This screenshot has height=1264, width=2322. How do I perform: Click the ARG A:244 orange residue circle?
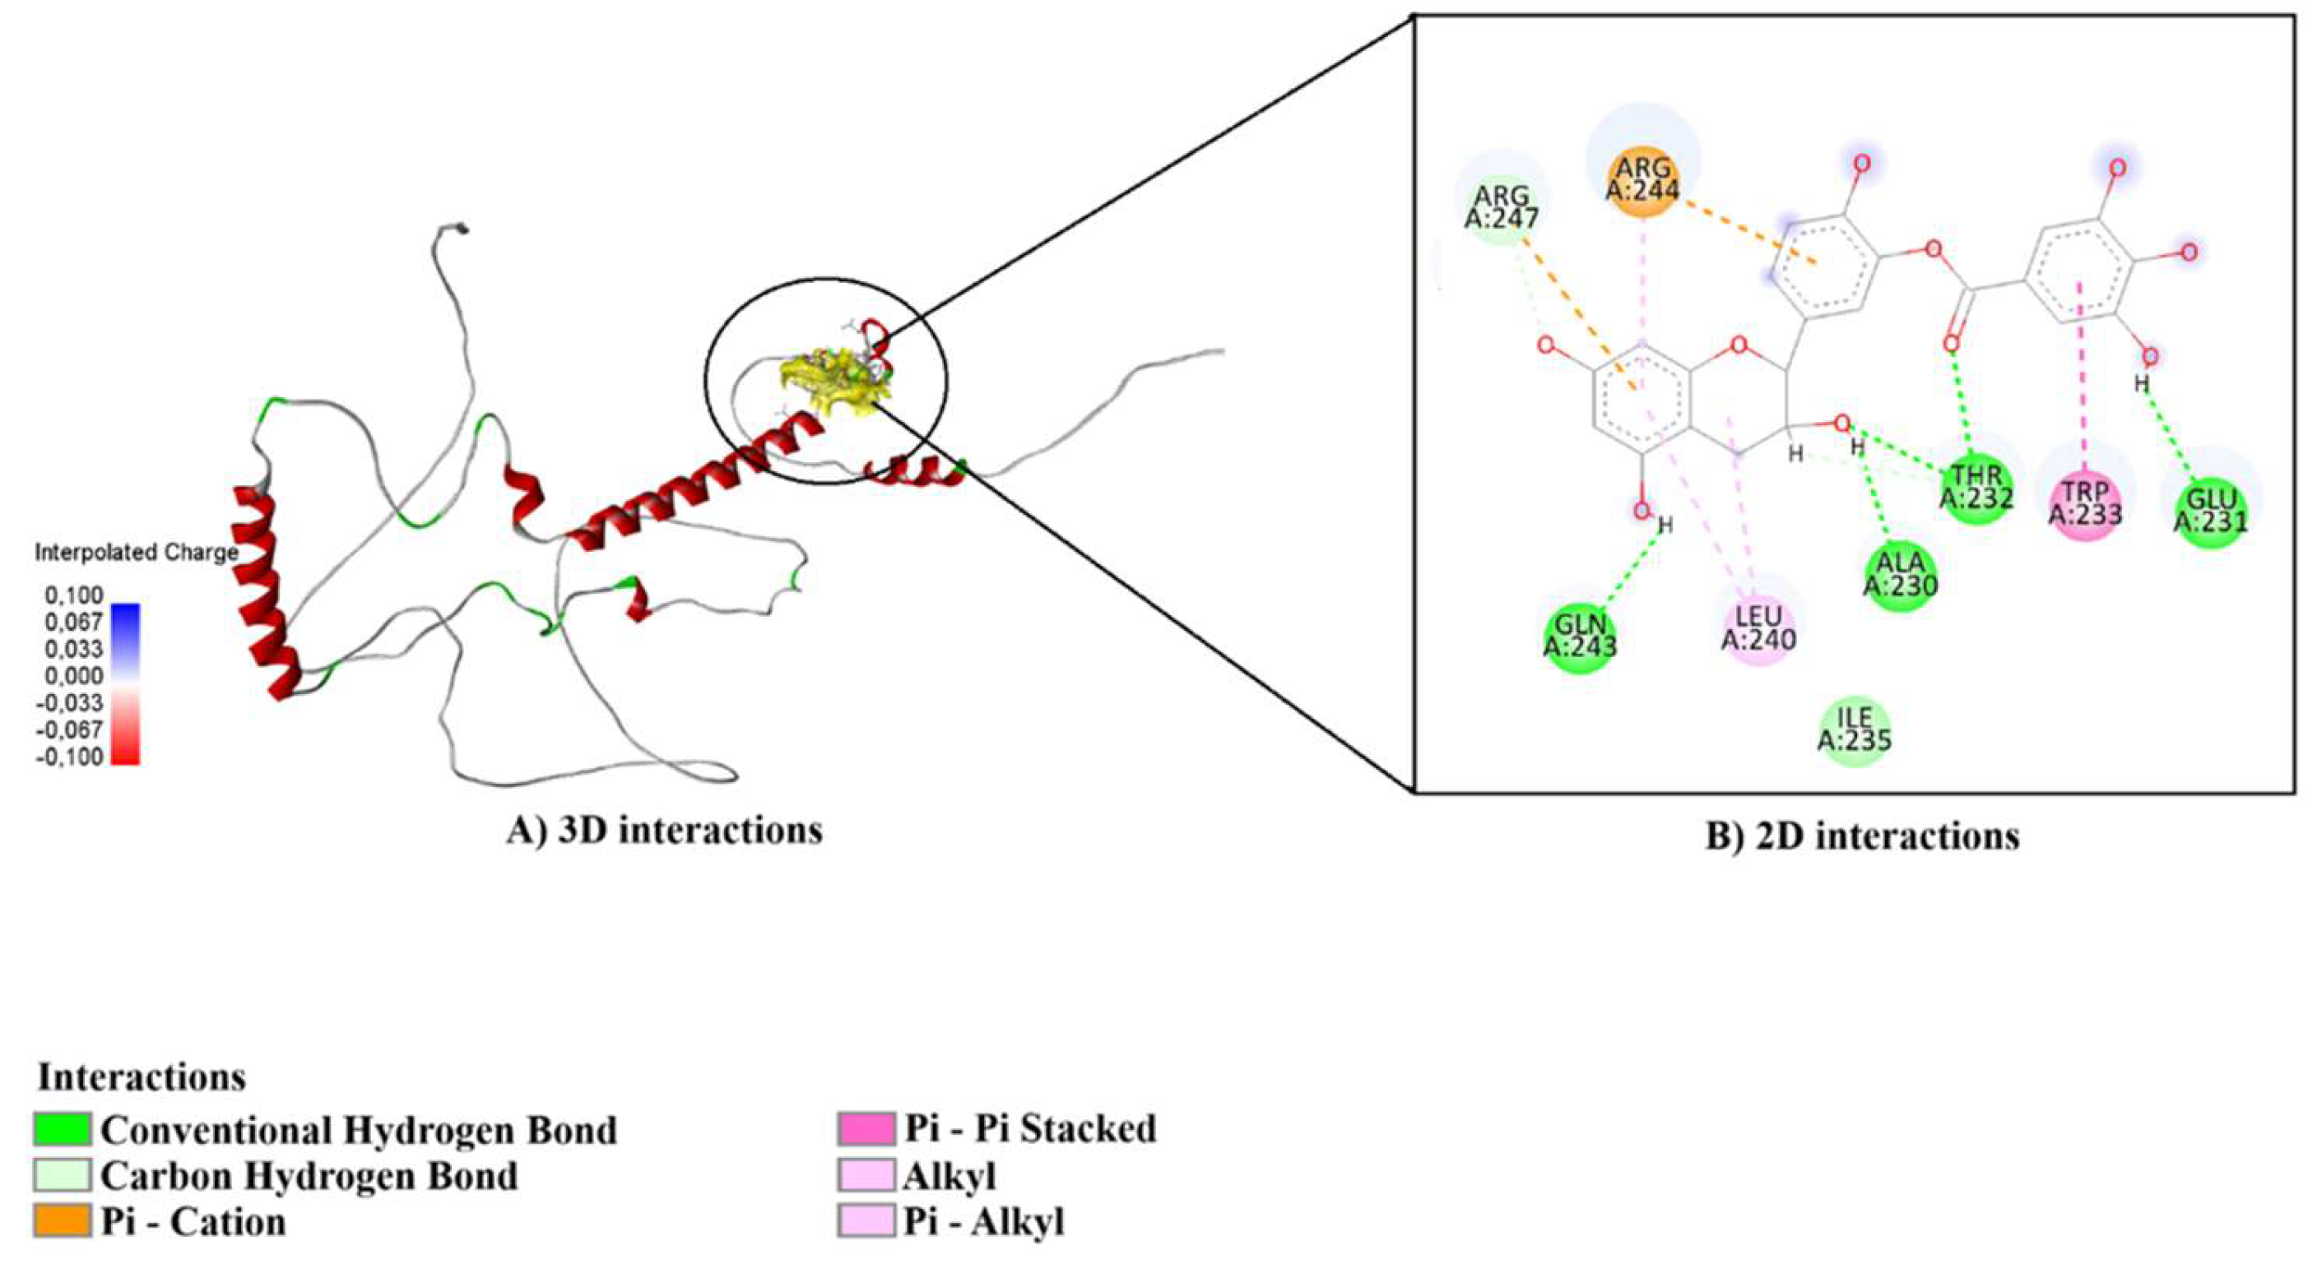[1642, 180]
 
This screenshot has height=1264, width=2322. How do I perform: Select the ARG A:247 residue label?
[1502, 206]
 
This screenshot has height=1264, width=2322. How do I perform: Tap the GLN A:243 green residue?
[1580, 636]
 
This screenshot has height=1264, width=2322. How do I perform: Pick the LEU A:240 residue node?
[1758, 628]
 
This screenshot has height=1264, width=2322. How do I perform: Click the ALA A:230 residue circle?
[1901, 575]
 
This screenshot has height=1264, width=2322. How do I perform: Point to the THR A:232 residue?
[1976, 488]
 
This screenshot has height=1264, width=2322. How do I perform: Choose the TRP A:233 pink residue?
[2085, 503]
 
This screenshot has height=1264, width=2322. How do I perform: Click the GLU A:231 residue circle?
[2210, 512]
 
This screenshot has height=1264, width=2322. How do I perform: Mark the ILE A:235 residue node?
[1854, 729]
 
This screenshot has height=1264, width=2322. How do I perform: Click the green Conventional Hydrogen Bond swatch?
[63, 1129]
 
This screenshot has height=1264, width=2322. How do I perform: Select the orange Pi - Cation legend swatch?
[63, 1220]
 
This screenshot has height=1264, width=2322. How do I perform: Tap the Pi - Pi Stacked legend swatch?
[866, 1129]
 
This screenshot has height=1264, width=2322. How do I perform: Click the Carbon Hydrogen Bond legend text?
[309, 1176]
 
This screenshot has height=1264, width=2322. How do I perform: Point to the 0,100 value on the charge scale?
[74, 595]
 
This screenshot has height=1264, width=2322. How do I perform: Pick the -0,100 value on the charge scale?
[69, 757]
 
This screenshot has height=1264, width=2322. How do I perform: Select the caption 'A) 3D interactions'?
[664, 830]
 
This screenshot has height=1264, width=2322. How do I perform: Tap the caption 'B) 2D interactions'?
[1861, 836]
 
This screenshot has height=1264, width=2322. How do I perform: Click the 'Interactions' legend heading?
[142, 1076]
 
